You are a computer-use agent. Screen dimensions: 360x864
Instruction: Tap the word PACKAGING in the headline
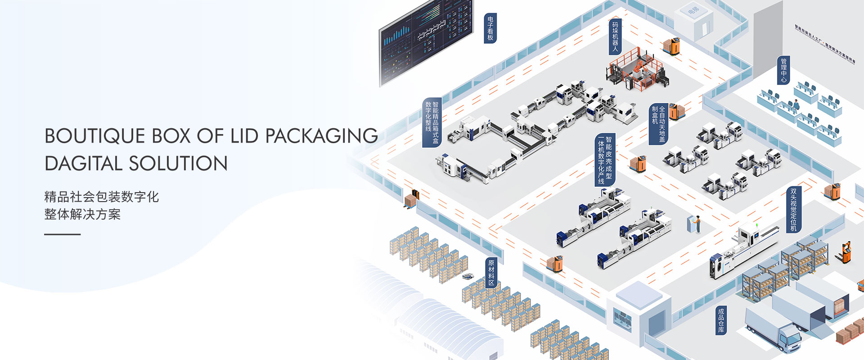click(321, 136)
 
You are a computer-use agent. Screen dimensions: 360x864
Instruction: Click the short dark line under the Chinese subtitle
click(62, 234)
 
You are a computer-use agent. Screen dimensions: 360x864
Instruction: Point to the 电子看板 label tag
click(490, 28)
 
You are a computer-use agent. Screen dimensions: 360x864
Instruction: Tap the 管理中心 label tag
click(783, 70)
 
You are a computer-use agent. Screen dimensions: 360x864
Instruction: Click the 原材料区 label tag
click(491, 273)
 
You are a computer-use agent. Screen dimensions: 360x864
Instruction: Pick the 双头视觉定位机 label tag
click(793, 210)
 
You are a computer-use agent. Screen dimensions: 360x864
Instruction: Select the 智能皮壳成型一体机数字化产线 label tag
click(604, 160)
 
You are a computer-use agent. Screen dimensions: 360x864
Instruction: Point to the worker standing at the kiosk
click(697, 224)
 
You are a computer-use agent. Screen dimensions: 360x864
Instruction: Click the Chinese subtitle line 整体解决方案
click(82, 214)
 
